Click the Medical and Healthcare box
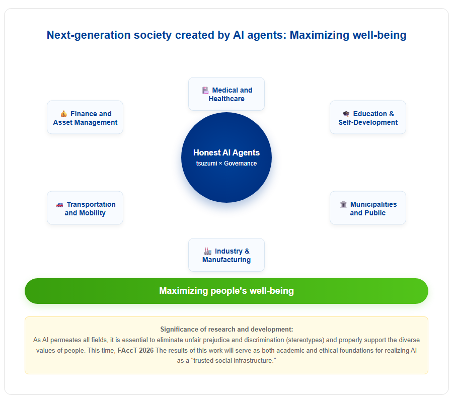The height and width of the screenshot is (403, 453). coord(226,94)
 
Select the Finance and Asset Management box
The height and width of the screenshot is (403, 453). coord(85,117)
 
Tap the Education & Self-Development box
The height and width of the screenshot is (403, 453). coord(368,117)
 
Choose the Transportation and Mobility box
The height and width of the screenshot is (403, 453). coord(85,208)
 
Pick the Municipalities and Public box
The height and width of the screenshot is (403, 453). coord(368,208)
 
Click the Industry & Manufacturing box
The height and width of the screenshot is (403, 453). coord(226,255)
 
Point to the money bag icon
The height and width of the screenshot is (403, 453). coord(64,114)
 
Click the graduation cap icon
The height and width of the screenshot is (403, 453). coord(346,114)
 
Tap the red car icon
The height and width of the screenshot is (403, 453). coord(59,205)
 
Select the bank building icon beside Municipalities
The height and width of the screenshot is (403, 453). coord(343,204)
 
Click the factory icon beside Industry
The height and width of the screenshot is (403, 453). coord(208,251)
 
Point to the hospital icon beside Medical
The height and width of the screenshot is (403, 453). coord(205,91)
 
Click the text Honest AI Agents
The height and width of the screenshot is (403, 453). coord(226,152)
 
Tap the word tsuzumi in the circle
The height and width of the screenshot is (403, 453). coord(206,164)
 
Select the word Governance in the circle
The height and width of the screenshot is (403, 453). coord(241,164)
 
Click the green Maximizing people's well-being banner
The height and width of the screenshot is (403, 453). coord(226,291)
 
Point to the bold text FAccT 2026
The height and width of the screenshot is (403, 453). coord(135,351)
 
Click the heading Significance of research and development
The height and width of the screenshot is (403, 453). coord(226,330)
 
